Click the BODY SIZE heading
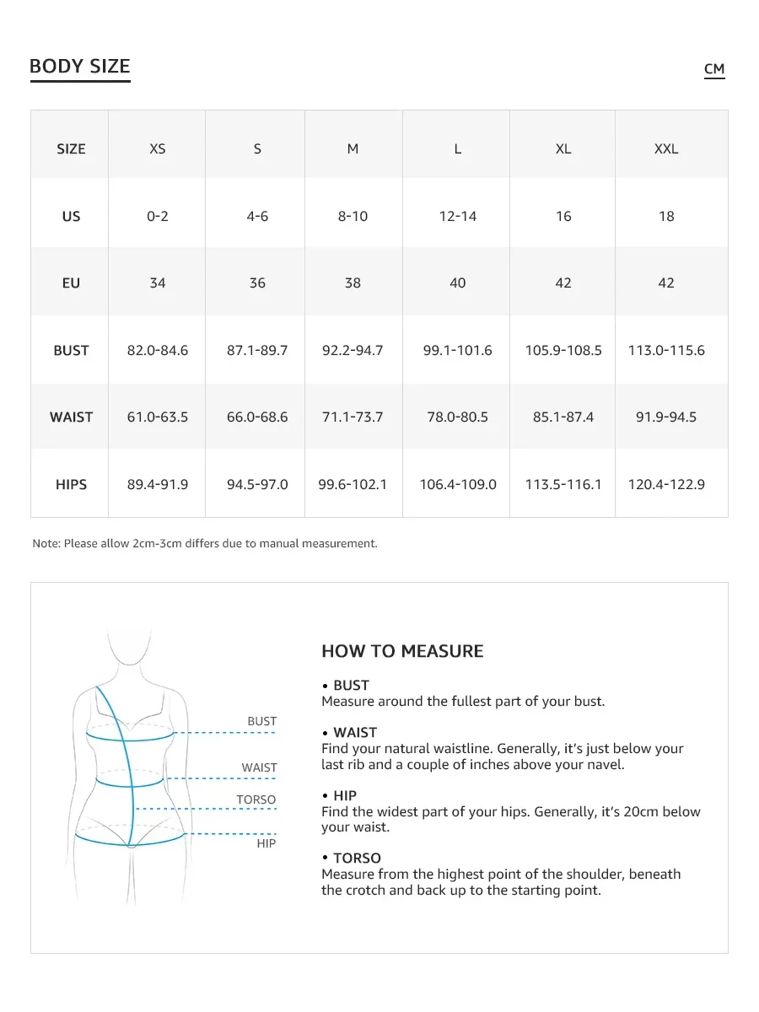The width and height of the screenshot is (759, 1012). [x=80, y=67]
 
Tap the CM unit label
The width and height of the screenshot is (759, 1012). [x=714, y=69]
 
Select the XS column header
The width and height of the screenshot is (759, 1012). [x=158, y=148]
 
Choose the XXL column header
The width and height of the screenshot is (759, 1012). [x=666, y=148]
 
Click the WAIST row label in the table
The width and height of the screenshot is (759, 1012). [x=71, y=417]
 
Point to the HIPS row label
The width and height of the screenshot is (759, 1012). [x=71, y=484]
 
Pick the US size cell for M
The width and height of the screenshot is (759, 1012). [x=353, y=216]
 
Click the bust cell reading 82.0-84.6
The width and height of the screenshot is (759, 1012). [x=158, y=350]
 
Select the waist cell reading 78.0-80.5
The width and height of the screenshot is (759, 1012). [x=457, y=417]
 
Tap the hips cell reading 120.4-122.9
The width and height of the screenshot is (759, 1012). [x=666, y=484]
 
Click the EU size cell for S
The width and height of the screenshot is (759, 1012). [x=257, y=283]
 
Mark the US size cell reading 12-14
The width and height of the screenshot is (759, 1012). [x=457, y=216]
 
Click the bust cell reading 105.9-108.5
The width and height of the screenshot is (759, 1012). [x=563, y=350]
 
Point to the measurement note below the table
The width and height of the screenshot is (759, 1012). [x=205, y=544]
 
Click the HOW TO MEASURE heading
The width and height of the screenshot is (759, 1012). [x=402, y=651]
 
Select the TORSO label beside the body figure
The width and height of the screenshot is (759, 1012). [x=256, y=799]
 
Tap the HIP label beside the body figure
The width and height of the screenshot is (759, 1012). [x=266, y=843]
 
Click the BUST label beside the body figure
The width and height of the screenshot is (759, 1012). [x=262, y=721]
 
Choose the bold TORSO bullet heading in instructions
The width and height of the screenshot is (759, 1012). [x=357, y=859]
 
